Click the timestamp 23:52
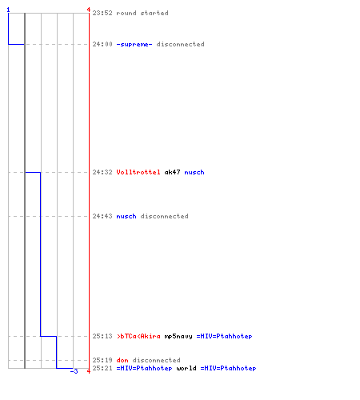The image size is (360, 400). (102, 13)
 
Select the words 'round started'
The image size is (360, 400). (142, 13)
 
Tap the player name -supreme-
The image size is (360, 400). (134, 44)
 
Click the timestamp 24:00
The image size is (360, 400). (102, 44)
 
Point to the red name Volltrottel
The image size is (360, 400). (138, 172)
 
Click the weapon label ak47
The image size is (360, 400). (172, 172)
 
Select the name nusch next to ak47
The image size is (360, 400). (194, 172)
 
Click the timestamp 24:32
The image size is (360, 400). (102, 172)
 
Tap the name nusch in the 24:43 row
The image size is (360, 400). (126, 216)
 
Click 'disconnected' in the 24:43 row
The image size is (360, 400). (164, 216)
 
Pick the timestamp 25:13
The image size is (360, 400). (102, 336)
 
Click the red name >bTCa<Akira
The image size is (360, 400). (138, 336)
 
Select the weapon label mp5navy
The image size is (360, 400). (178, 336)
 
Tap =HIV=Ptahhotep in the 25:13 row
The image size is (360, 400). (224, 336)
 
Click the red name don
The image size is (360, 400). (122, 360)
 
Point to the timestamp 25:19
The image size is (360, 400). (102, 360)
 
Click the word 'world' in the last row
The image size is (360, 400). (186, 368)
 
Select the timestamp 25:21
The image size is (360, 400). (102, 368)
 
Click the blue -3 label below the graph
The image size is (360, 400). (74, 371)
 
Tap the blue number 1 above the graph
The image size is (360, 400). (8, 10)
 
